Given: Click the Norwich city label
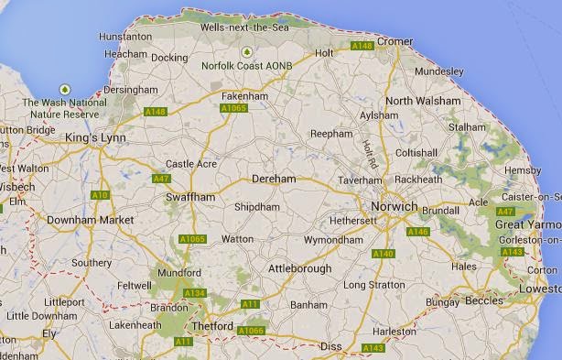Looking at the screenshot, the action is [394, 207].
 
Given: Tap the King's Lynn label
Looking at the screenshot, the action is [94, 137].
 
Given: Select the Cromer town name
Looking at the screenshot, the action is [395, 41].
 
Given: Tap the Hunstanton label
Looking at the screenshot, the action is [124, 37].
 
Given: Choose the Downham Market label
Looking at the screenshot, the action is [90, 221].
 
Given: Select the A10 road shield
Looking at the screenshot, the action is [100, 195].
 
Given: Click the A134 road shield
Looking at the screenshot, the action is [195, 293].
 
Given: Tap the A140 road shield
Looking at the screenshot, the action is [384, 254].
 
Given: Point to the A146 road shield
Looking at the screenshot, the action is [417, 232].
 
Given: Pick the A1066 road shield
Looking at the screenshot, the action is [250, 330].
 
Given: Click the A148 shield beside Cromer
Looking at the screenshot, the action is [362, 45].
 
